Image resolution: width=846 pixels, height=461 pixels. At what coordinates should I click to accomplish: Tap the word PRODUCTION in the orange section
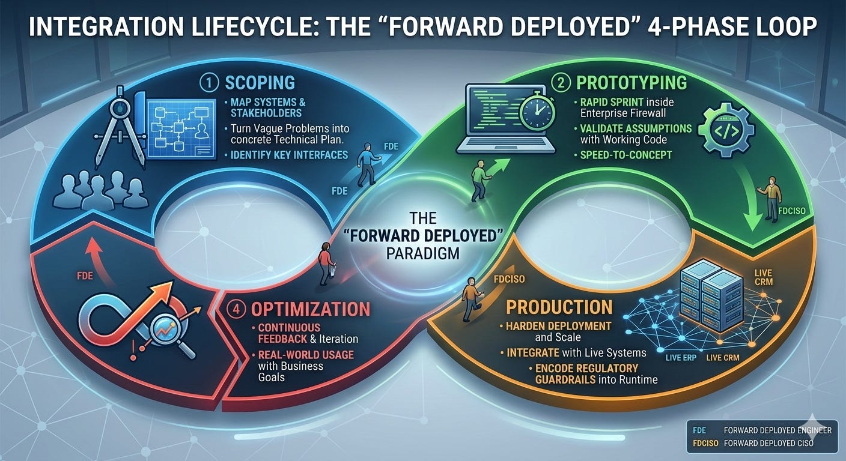pyautogui.click(x=559, y=307)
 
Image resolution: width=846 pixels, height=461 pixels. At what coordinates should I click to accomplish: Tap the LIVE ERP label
pyautogui.click(x=681, y=358)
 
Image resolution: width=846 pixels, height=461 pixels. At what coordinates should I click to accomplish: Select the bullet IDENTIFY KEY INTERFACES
pyautogui.click(x=289, y=155)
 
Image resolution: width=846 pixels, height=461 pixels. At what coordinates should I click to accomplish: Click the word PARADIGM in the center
pyautogui.click(x=422, y=253)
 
